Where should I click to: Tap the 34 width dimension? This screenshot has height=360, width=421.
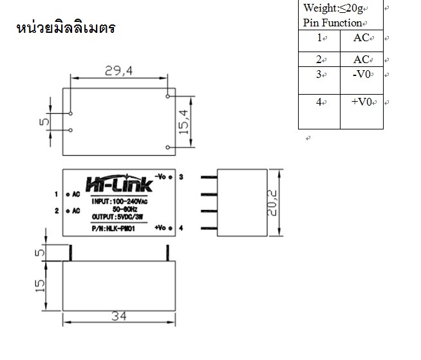click(118, 316)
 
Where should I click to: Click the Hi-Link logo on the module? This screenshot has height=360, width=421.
click(118, 184)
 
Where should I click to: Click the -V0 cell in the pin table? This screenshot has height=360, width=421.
click(362, 74)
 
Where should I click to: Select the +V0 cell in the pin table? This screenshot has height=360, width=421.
click(362, 102)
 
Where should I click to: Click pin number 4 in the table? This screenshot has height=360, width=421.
click(319, 102)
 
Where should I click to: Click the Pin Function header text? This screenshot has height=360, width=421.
click(332, 23)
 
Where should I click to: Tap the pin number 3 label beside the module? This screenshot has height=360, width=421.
click(182, 176)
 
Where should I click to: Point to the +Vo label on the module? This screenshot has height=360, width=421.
click(161, 228)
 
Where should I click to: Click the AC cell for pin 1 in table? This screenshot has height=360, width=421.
click(361, 37)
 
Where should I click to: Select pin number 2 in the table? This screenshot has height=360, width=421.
click(319, 59)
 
